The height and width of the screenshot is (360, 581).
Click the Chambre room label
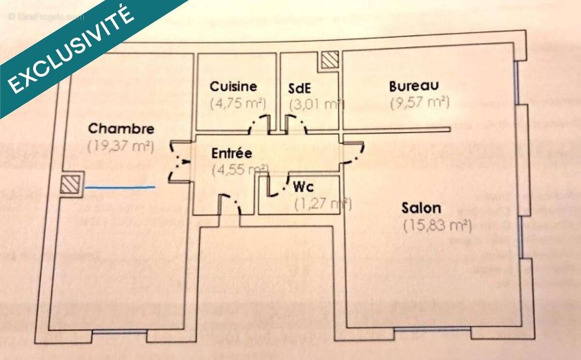click(122, 129)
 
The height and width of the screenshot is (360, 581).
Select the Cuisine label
click(233, 87)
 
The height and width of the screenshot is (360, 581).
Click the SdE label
click(300, 89)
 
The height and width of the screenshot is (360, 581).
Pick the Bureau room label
click(414, 86)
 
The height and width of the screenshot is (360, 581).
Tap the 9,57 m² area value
click(419, 103)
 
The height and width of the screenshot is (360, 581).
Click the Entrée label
click(232, 154)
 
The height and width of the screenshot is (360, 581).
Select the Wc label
click(305, 187)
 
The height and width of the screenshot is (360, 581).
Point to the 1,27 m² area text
click(322, 204)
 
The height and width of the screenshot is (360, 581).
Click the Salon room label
click(421, 209)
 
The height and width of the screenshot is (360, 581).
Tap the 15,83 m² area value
click(437, 226)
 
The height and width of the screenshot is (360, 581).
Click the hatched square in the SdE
click(330, 60)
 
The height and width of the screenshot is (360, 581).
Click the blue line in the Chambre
click(120, 187)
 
